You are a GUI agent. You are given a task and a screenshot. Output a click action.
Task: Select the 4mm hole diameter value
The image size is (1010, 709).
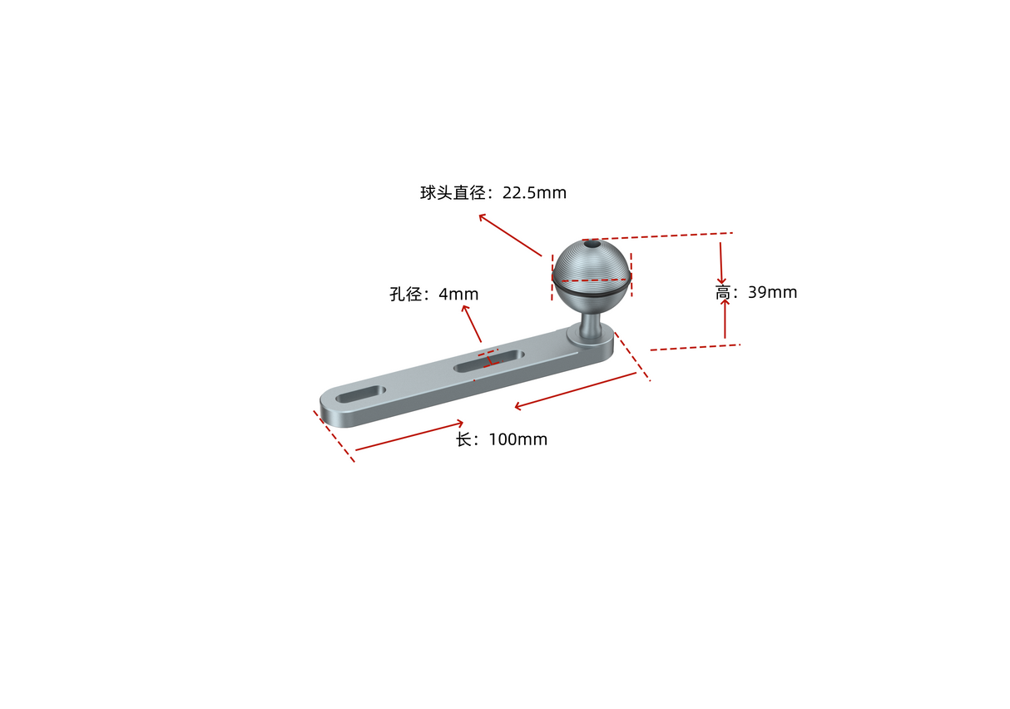(458, 295)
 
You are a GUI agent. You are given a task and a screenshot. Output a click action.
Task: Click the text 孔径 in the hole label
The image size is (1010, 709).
(408, 295)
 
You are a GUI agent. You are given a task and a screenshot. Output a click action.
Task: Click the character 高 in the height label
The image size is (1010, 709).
(722, 293)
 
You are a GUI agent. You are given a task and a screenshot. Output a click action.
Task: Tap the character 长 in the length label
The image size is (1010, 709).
(463, 439)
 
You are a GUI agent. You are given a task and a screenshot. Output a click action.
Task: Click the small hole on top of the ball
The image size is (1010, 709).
(591, 245)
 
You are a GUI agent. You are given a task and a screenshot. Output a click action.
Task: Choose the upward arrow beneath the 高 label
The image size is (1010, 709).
(725, 305)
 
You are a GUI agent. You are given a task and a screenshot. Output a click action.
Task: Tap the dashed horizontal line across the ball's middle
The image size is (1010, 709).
(592, 280)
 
